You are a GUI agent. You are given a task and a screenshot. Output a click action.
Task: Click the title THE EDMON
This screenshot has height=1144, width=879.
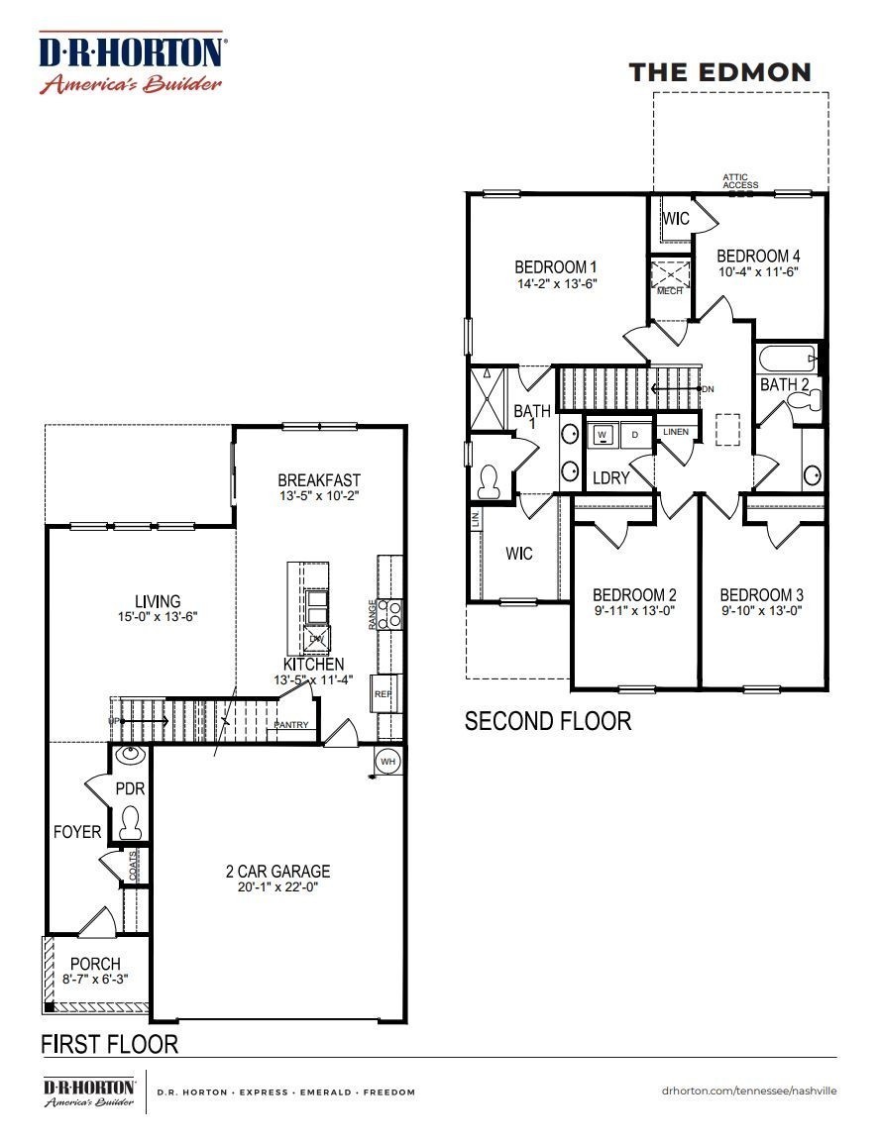click(720, 72)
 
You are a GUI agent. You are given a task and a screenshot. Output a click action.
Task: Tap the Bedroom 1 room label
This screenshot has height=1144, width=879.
click(555, 267)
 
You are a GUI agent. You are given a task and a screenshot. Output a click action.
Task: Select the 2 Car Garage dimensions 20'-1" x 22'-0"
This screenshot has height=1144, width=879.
click(277, 888)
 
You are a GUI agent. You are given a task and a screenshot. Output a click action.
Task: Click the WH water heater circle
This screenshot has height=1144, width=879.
click(387, 761)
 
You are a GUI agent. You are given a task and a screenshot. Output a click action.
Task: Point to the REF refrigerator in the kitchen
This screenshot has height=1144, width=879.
click(385, 694)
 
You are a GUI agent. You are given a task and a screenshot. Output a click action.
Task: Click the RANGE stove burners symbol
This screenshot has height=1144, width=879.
click(390, 614)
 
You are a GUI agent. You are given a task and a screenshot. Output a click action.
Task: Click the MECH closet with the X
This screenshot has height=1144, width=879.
click(670, 273)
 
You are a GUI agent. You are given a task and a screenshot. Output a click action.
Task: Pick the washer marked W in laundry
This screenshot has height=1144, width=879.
click(602, 435)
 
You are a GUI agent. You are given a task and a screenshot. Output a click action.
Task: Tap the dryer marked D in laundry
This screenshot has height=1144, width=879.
click(635, 435)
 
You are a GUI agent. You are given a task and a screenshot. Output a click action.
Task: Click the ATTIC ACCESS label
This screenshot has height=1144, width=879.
click(740, 181)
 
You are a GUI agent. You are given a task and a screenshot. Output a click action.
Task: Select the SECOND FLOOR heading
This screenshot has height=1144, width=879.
click(548, 721)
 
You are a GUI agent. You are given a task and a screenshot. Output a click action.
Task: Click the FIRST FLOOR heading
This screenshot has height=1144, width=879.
click(109, 1044)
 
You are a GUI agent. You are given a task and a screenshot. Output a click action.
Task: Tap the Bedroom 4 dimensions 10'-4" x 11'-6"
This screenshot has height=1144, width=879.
click(757, 270)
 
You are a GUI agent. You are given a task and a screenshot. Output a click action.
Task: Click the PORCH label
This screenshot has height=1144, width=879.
click(95, 964)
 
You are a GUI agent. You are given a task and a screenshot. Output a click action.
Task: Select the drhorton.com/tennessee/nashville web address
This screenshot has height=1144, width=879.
click(749, 1091)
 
